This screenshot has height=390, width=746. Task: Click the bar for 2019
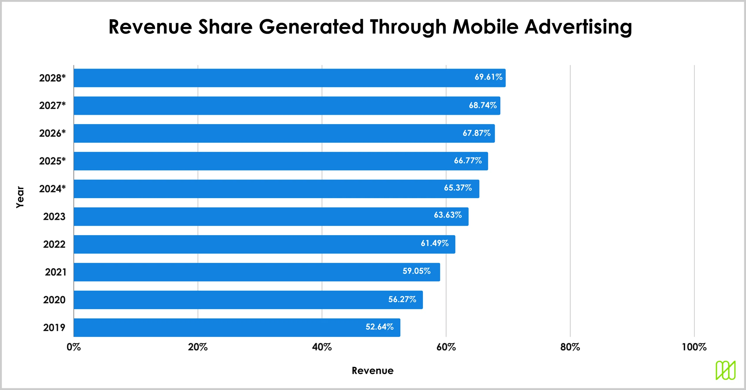pos(237,327)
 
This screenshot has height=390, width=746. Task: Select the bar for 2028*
pos(289,78)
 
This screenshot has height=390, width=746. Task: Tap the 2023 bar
pos(271,216)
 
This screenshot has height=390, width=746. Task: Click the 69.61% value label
pos(488,77)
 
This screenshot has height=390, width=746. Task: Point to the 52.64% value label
pos(379,327)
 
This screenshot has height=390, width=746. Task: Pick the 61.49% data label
pos(434,243)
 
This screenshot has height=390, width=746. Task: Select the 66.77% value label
pos(467,161)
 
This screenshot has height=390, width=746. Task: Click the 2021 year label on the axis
pos(55,272)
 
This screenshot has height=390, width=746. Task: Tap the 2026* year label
pos(52,133)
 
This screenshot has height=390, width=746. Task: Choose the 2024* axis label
pos(52,189)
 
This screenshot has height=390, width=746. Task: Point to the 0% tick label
pos(74,347)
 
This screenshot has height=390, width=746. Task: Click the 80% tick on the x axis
pos(570,347)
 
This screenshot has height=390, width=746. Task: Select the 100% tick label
pos(694,347)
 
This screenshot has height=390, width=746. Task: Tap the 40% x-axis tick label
pos(322,347)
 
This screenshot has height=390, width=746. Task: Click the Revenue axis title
pos(372,370)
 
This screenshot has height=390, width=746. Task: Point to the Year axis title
pos(20,197)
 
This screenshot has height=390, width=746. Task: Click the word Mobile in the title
pos(485,27)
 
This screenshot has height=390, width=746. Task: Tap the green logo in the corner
pos(725,370)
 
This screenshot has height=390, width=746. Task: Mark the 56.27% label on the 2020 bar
pos(402,299)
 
